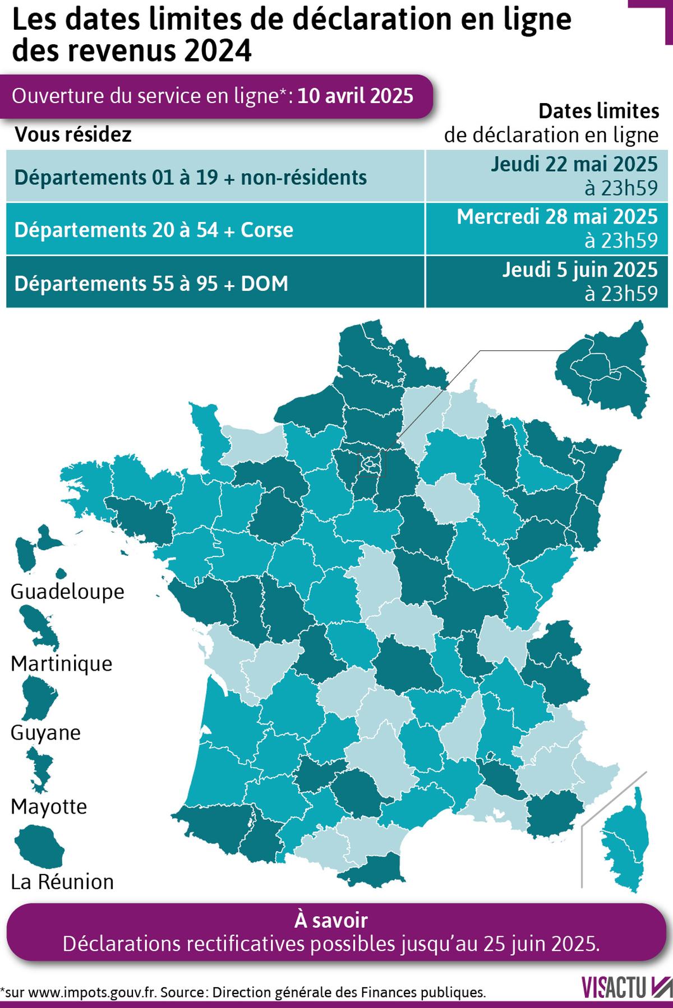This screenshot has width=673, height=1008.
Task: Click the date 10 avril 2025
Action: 356,96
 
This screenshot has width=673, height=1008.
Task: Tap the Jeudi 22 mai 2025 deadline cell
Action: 574,165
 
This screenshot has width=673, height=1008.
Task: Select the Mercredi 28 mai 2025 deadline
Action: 556,217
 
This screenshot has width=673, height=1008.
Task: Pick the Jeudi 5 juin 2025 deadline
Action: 579,270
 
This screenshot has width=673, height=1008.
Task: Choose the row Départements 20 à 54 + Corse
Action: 154,230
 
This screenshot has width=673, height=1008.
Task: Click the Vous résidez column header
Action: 73,134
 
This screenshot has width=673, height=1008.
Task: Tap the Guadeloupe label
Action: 67,591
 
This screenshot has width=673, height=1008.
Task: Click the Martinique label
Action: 62,663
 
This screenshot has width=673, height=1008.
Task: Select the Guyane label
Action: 46,732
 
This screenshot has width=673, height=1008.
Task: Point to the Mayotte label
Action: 49,806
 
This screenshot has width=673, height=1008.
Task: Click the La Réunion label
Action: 62,881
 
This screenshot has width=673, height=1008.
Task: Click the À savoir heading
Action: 331,920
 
